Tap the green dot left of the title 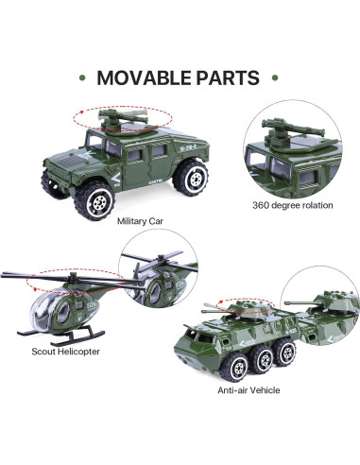point(82,77)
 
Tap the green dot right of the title point(275,77)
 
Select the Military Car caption point(140,221)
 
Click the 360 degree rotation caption point(293,205)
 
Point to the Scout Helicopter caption point(65,352)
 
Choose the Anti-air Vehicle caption point(249,390)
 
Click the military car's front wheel point(94,200)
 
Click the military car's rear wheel point(192,178)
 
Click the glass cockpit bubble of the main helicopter point(51,310)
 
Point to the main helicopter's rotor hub point(74,278)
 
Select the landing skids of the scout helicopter point(61,336)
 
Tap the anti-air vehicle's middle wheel point(262,358)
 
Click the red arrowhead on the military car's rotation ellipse point(81,112)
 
